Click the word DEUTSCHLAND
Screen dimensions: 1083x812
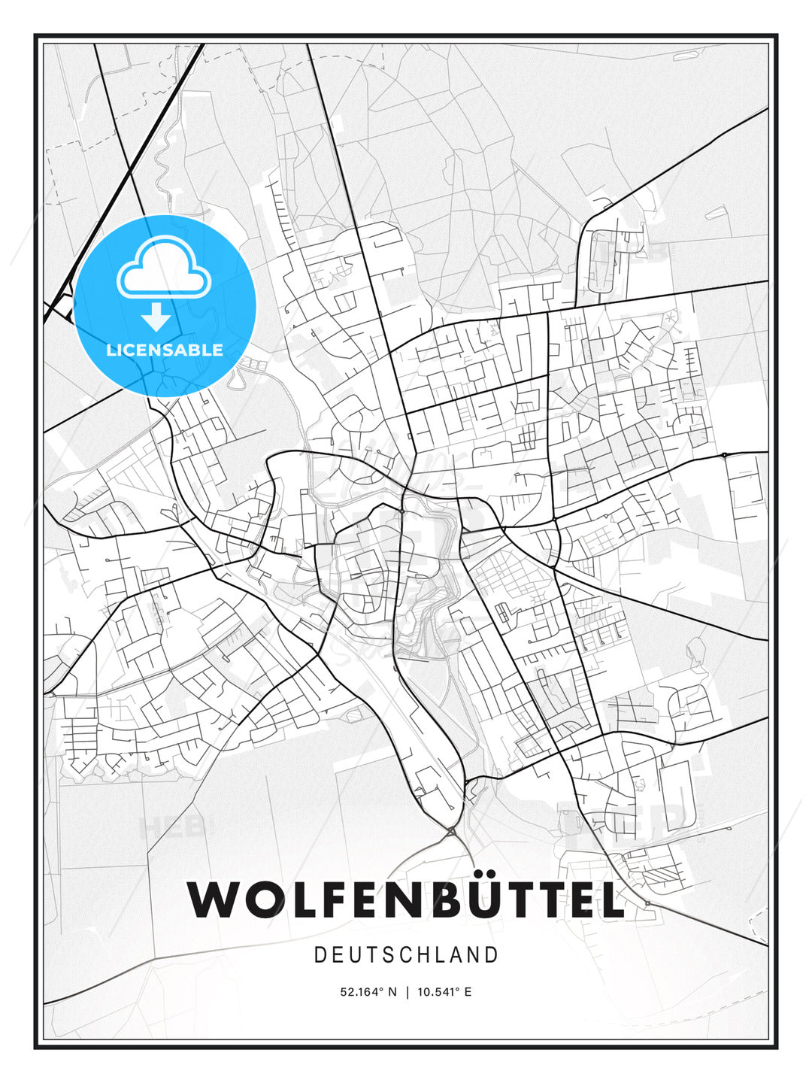(x=406, y=955)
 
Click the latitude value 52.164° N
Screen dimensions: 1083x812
(x=368, y=992)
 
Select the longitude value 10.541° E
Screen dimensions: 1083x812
(x=444, y=992)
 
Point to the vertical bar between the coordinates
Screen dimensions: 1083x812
(x=407, y=992)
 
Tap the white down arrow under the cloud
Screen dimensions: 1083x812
(x=156, y=317)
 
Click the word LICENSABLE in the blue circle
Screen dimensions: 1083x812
(x=165, y=350)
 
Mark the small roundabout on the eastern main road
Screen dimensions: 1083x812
(x=724, y=455)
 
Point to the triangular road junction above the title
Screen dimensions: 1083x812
(x=451, y=832)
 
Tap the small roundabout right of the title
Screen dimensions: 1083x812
(x=647, y=902)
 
